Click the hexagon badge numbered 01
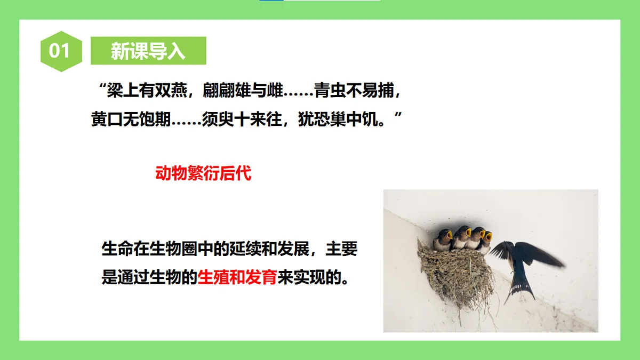(60, 51)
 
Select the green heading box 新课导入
(148, 51)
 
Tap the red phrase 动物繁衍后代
(203, 173)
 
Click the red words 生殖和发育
(237, 277)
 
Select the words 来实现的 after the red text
(308, 277)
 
